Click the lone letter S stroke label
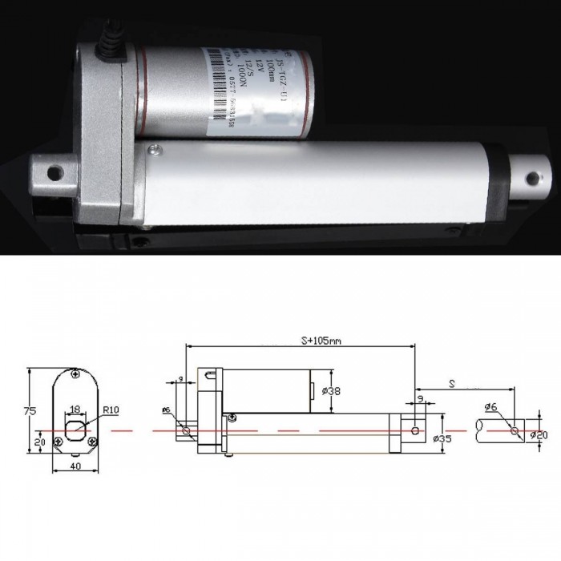pos(453,385)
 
